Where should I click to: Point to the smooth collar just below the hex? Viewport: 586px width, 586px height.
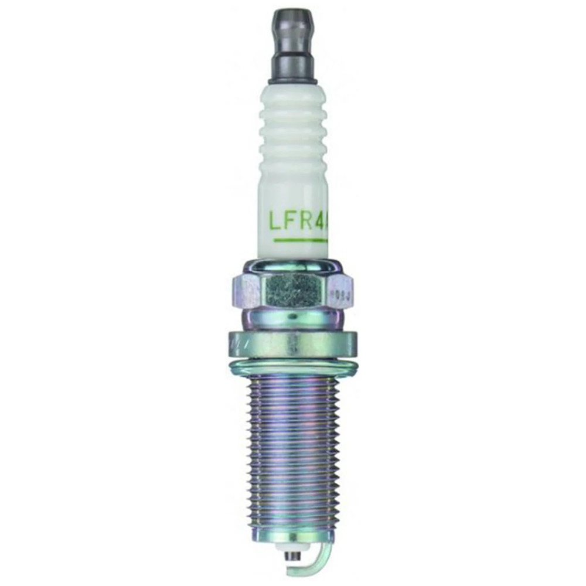point(292,319)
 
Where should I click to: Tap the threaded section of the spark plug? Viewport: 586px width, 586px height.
point(292,445)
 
